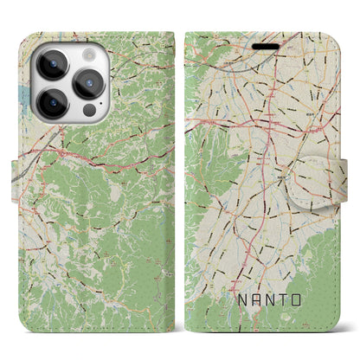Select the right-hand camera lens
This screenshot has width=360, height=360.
point(88,83)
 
